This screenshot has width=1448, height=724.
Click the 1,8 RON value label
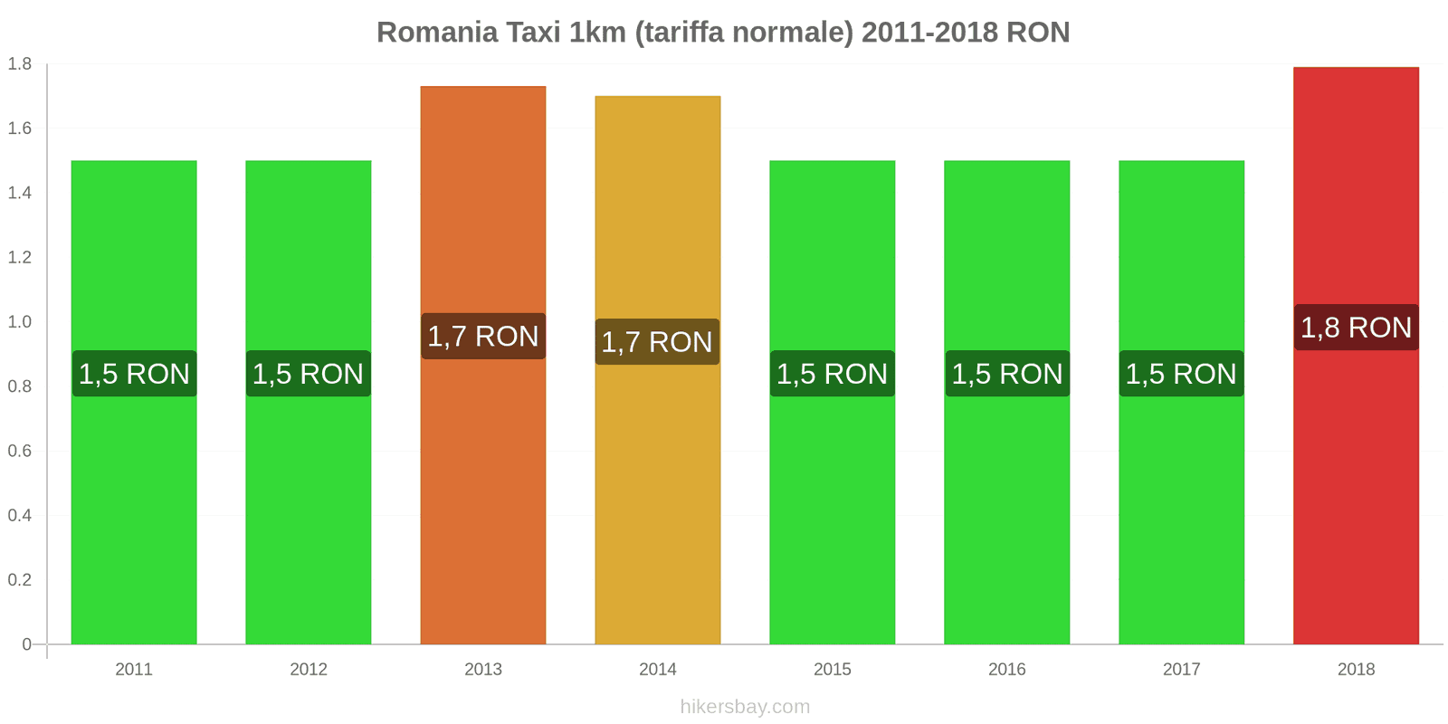1356,328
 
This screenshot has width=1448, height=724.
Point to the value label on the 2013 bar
483,337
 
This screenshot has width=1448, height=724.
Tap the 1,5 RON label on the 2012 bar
309,374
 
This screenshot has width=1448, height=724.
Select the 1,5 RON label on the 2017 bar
1181,374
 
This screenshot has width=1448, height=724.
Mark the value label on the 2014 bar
658,342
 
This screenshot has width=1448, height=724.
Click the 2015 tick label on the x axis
832,670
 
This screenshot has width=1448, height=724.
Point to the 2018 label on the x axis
1356,670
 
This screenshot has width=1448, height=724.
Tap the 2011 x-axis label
134,670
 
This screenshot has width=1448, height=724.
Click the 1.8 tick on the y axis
20,64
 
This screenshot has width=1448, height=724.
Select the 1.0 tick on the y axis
20,322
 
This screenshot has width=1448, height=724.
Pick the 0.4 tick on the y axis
20,516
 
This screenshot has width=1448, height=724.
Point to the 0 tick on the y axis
26,644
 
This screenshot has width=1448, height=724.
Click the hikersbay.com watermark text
745,707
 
